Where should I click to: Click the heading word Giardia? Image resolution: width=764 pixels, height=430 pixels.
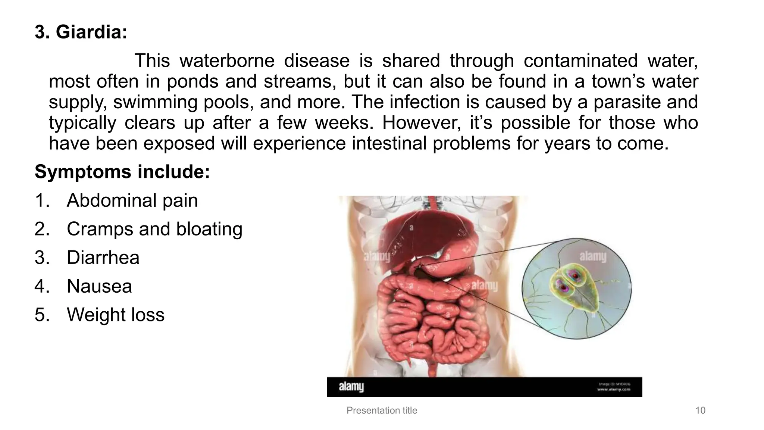pyautogui.click(x=91, y=32)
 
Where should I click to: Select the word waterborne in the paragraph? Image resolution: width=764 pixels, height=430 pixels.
pyautogui.click(x=227, y=61)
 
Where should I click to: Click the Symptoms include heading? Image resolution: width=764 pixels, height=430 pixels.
pyautogui.click(x=122, y=172)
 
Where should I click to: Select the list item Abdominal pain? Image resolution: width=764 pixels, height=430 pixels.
pyautogui.click(x=132, y=200)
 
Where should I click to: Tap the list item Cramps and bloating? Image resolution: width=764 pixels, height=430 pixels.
pyautogui.click(x=154, y=229)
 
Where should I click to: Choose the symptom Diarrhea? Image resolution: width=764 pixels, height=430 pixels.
pyautogui.click(x=103, y=258)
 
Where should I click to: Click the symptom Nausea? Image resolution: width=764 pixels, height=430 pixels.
pyautogui.click(x=99, y=286)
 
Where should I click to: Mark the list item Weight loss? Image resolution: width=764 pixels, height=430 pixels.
pyautogui.click(x=116, y=315)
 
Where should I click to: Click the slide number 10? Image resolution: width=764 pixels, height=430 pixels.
pyautogui.click(x=700, y=411)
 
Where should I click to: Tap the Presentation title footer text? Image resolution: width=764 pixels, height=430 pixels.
pyautogui.click(x=382, y=411)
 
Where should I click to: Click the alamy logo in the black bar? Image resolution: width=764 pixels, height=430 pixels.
pyautogui.click(x=351, y=387)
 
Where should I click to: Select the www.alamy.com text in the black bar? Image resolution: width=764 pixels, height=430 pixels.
pyautogui.click(x=613, y=390)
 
